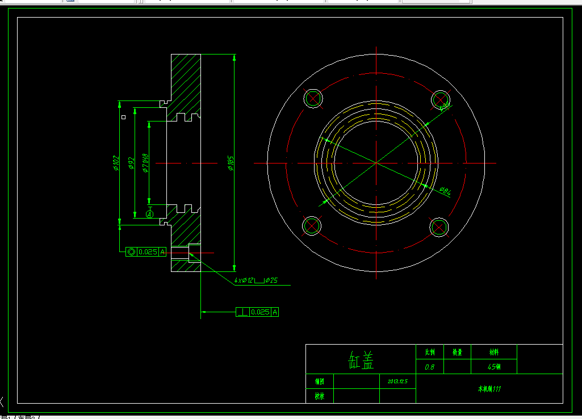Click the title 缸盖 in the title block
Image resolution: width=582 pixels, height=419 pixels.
coord(361,358)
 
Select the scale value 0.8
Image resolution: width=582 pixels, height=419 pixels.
coord(429,367)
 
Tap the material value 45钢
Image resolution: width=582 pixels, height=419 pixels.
coord(494,367)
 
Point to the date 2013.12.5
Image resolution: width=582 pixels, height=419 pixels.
coord(397,381)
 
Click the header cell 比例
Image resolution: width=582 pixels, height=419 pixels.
coord(429,352)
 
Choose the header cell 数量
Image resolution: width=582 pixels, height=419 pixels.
coord(457,352)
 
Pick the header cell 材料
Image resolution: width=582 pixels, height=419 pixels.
coord(494,352)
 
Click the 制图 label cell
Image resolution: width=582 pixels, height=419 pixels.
coord(319,381)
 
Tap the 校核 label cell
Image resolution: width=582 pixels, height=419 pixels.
coord(319,396)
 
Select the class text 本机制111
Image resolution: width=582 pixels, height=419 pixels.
coord(489,389)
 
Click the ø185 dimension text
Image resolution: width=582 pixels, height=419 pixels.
coord(231,164)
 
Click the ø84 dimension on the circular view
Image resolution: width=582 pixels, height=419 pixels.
coord(445,191)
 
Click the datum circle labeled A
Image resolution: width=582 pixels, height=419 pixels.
coord(149,214)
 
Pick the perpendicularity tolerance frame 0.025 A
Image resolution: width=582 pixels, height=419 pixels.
coord(258,312)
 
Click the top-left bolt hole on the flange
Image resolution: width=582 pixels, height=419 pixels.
coord(313,99)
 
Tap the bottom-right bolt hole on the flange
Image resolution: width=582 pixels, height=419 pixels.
coord(439,227)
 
